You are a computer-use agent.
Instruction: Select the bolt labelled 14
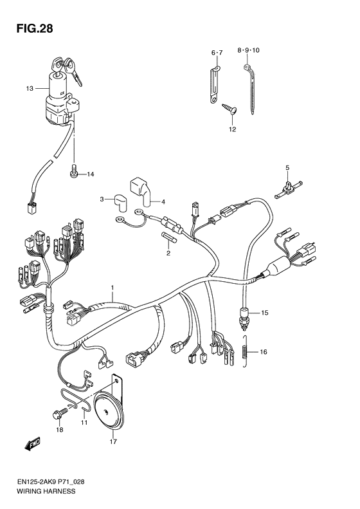coord(73,172)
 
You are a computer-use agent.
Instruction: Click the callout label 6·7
coord(217,51)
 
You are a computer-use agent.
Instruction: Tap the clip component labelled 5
coord(287,188)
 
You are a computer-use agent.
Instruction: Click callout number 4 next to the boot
coord(163,201)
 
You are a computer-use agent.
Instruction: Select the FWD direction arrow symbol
coord(32,445)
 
